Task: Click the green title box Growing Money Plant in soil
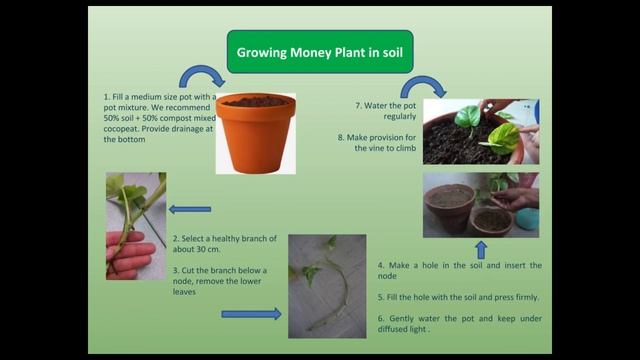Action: tap(319, 51)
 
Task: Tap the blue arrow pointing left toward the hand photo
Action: tap(190, 209)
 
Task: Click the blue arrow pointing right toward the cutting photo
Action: tap(251, 314)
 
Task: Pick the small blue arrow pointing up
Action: tap(480, 249)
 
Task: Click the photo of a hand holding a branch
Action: tap(136, 225)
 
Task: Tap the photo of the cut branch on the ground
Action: tap(327, 286)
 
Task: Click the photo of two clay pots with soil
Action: tap(480, 204)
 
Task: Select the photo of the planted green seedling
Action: tap(480, 131)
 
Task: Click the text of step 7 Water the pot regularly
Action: tap(386, 110)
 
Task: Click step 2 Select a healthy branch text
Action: tap(219, 244)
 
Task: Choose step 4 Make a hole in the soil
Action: tap(459, 270)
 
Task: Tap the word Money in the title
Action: tap(313, 51)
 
